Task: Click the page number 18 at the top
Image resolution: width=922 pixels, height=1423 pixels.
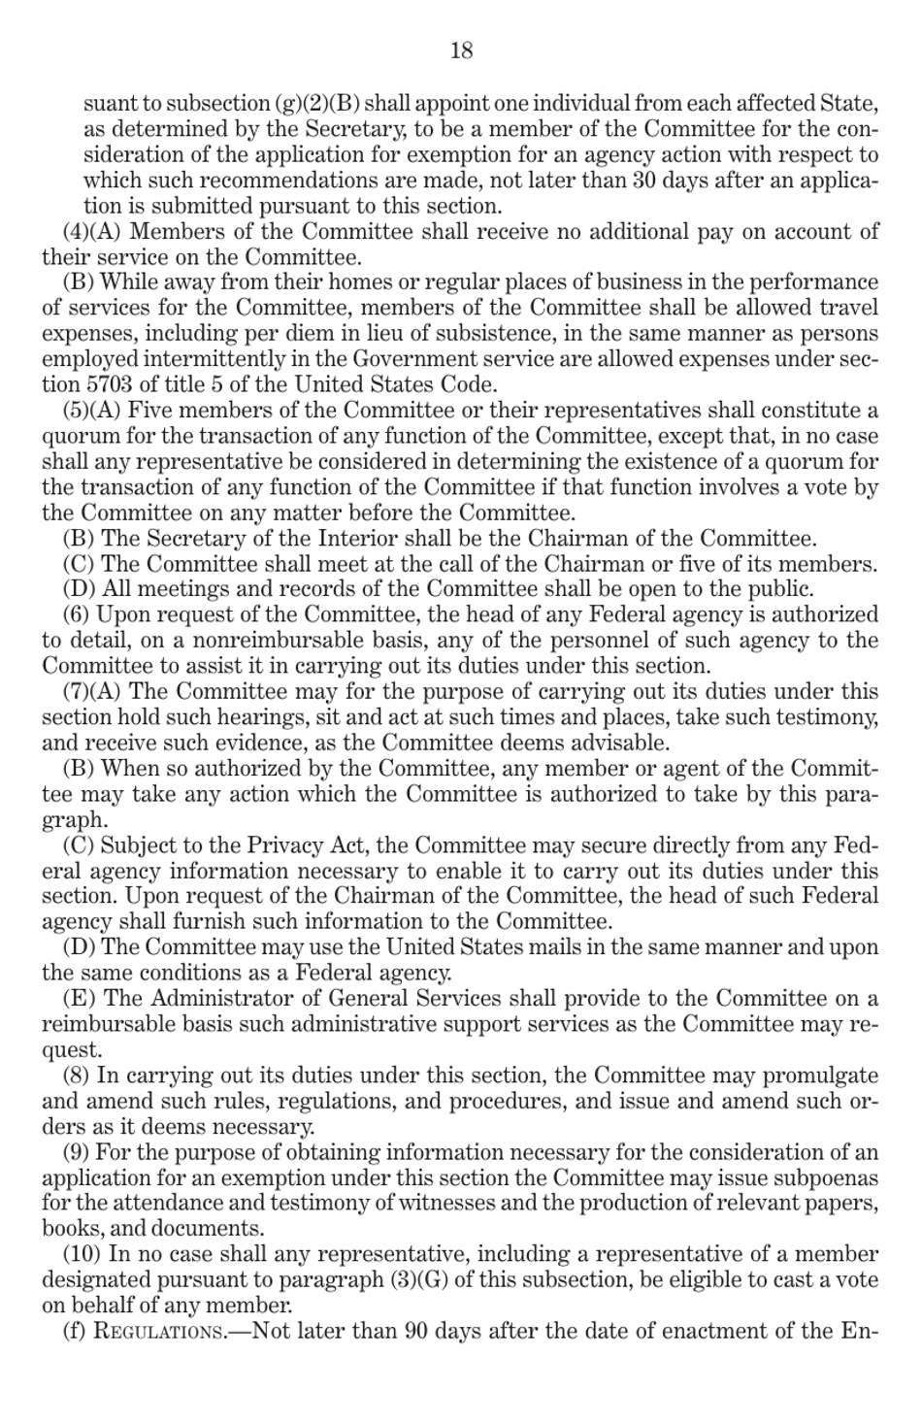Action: (x=461, y=50)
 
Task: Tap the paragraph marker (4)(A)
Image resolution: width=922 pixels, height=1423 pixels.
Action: (x=92, y=232)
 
